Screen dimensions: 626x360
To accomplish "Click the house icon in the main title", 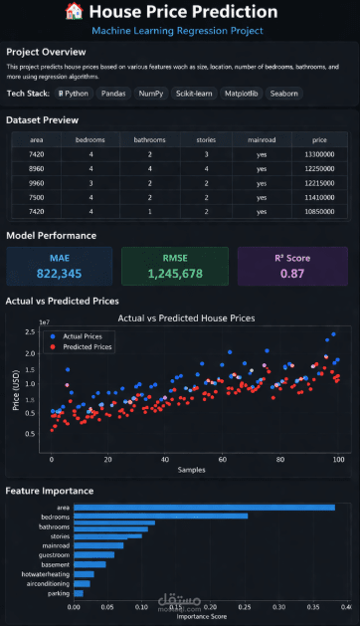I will coord(73,12).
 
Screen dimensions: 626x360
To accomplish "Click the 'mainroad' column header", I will coord(262,140).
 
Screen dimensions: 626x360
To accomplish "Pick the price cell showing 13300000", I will coord(319,155).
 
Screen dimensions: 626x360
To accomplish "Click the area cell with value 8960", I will coord(36,170).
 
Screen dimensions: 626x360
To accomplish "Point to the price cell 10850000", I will coord(319,213).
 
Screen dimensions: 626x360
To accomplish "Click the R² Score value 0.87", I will coord(292,273).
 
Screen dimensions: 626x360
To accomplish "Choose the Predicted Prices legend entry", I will coord(90,347).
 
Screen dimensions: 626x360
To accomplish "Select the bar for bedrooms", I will coord(160,517).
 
